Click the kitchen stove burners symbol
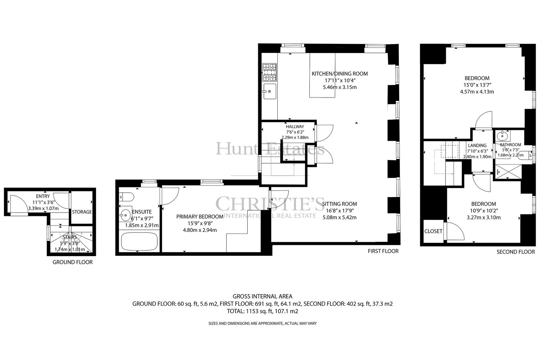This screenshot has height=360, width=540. (x=269, y=72)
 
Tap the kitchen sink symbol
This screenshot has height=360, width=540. (x=270, y=91)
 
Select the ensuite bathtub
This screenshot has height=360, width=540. (x=139, y=241)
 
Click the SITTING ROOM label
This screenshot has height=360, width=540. (x=340, y=204)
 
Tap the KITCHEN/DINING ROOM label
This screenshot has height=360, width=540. (x=340, y=74)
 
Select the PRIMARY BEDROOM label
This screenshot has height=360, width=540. (x=200, y=217)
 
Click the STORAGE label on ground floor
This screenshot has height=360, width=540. (x=82, y=212)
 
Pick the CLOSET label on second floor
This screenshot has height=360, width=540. (x=433, y=231)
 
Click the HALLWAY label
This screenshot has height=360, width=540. (x=295, y=127)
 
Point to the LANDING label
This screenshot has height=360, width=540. (x=477, y=145)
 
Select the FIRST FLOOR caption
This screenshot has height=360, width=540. (x=383, y=251)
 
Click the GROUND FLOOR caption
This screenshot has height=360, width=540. (x=73, y=262)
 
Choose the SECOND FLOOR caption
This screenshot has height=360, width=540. (x=516, y=252)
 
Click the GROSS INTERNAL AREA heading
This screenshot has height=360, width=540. (x=262, y=296)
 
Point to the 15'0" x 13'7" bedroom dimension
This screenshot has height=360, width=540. (x=477, y=85)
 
